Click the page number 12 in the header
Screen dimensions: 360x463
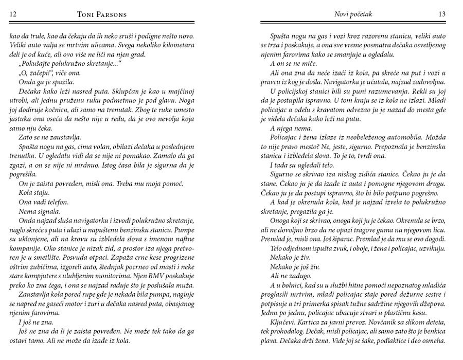(14, 14)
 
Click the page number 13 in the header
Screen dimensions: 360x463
(441, 14)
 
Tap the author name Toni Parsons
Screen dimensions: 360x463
(100, 14)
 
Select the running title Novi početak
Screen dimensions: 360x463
(352, 14)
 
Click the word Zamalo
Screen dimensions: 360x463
(150, 155)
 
